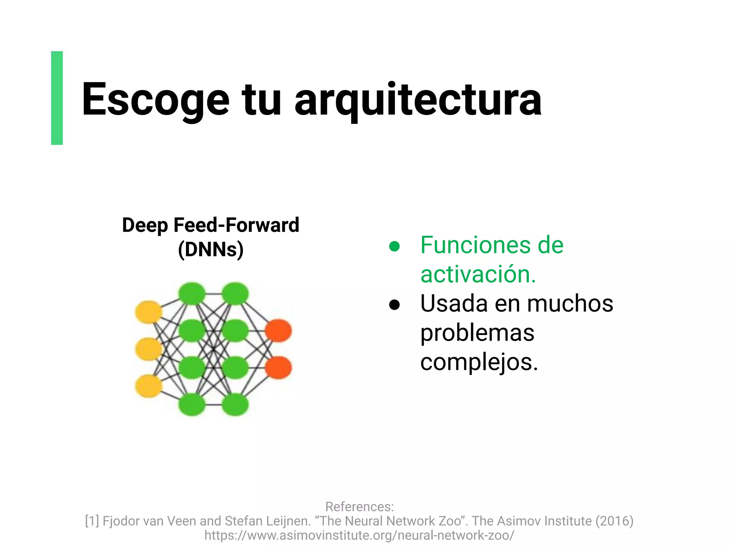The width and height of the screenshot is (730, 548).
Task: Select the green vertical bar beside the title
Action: (x=57, y=98)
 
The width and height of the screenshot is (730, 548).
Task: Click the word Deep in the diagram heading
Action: (x=145, y=225)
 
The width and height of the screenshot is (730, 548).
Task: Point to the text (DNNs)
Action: (x=211, y=249)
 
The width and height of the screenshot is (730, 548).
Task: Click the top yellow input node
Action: (x=148, y=312)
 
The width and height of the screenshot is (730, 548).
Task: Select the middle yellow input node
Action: (x=148, y=349)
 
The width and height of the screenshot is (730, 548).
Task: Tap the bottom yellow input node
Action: (x=148, y=386)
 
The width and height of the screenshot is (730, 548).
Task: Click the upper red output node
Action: (x=278, y=331)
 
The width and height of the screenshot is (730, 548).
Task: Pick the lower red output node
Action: (x=278, y=367)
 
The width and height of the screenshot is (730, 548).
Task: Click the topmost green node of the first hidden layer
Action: (x=192, y=294)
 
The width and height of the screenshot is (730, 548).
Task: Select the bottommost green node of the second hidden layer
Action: (x=235, y=405)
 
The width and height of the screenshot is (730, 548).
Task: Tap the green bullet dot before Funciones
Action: (x=394, y=246)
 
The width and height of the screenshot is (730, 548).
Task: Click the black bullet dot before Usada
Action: (x=394, y=305)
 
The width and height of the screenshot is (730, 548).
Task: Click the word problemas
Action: (x=477, y=333)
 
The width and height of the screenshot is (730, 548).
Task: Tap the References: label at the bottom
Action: (x=359, y=507)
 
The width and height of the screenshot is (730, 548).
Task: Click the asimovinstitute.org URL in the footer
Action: (x=359, y=535)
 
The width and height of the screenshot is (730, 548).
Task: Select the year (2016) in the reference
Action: (x=614, y=521)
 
